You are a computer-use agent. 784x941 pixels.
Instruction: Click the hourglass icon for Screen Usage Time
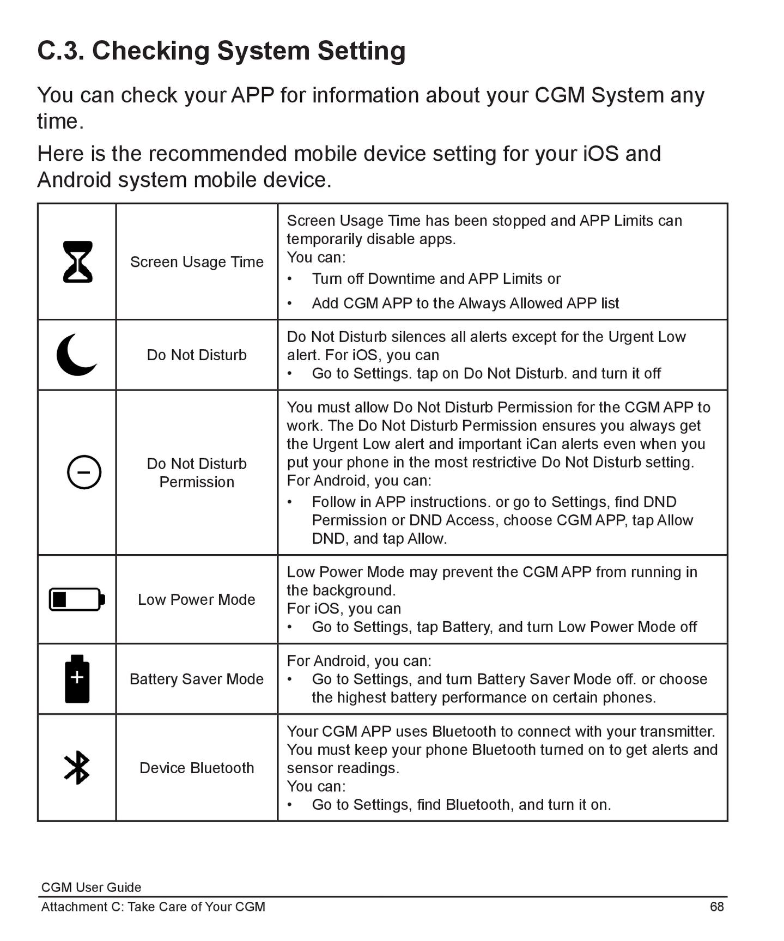(x=77, y=262)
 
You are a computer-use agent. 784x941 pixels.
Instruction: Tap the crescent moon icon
(x=76, y=355)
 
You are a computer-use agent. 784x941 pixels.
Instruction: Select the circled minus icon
(x=84, y=472)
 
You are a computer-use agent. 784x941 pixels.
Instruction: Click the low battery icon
(x=77, y=599)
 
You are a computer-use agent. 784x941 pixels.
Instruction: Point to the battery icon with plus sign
(x=77, y=679)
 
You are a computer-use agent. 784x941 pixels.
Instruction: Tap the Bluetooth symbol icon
(x=77, y=768)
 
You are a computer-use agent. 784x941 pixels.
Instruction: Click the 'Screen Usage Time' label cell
(x=197, y=262)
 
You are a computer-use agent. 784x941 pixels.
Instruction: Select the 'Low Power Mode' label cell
(x=196, y=599)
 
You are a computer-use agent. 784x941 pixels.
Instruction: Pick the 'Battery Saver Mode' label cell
(x=196, y=679)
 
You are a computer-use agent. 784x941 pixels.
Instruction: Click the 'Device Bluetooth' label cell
(x=197, y=768)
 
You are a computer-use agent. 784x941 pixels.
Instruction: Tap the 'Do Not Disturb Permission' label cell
(x=197, y=472)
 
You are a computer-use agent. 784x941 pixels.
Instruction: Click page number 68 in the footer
(x=716, y=907)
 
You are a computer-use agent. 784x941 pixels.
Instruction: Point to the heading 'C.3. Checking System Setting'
(x=221, y=51)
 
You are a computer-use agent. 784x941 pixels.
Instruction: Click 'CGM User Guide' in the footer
(x=91, y=887)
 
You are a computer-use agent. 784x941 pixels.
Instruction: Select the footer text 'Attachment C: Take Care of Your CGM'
(x=153, y=907)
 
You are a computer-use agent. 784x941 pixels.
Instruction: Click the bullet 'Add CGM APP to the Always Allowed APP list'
(x=465, y=303)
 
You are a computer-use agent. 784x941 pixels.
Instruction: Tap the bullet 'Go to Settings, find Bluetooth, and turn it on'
(x=461, y=804)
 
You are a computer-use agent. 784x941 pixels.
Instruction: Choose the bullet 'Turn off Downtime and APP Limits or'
(x=436, y=278)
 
